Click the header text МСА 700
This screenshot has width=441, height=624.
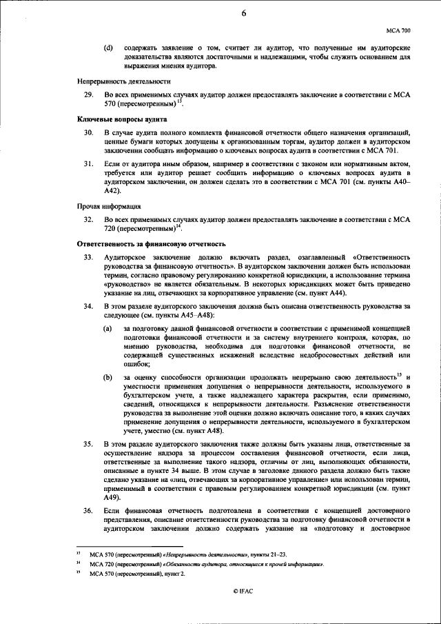398,31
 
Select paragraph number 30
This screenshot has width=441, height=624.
88,132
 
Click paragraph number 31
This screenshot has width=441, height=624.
88,163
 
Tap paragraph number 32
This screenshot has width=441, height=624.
88,219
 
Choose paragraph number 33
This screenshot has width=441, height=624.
88,256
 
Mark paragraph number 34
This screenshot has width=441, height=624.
88,305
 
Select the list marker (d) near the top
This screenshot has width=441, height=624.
108,48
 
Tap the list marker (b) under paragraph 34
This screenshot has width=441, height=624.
108,376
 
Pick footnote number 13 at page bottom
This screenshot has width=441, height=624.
79,553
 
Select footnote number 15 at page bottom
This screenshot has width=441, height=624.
79,574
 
